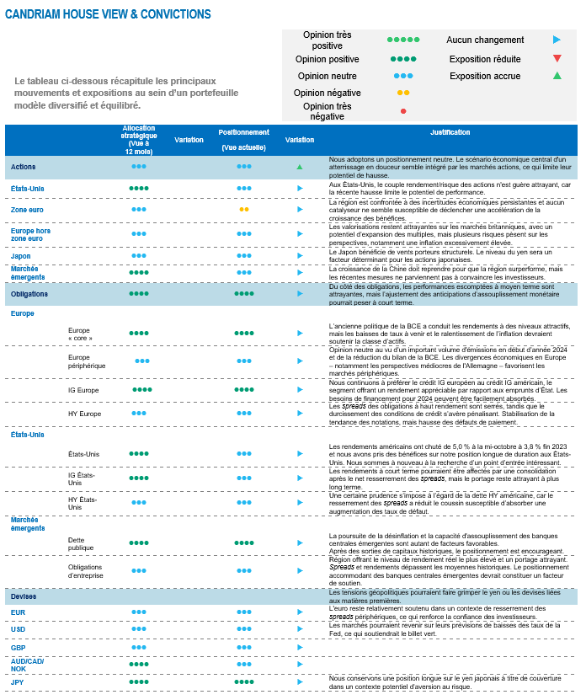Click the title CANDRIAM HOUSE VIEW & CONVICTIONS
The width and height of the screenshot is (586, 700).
click(x=108, y=14)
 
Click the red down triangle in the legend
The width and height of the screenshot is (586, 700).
click(x=557, y=59)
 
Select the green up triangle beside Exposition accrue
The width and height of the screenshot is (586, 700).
click(x=557, y=76)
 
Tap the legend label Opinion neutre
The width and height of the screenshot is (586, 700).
click(x=328, y=76)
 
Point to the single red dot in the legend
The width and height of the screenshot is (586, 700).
click(x=403, y=111)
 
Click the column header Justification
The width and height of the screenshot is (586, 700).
click(x=450, y=133)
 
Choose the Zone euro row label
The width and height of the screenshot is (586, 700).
click(x=27, y=209)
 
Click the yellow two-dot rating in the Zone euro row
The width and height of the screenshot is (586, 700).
click(x=244, y=209)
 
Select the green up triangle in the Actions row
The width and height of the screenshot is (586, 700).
click(x=300, y=167)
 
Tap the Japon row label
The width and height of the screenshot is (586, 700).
click(x=21, y=255)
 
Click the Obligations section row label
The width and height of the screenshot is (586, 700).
click(x=29, y=294)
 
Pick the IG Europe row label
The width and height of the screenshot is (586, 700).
click(x=83, y=390)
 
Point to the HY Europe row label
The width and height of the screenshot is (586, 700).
click(x=84, y=414)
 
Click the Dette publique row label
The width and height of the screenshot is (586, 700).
click(x=80, y=542)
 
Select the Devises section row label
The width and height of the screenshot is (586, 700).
click(x=24, y=596)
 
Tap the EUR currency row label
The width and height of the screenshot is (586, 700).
click(x=18, y=612)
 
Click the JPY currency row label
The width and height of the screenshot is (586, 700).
click(x=18, y=681)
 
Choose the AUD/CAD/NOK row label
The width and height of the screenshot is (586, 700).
click(x=27, y=665)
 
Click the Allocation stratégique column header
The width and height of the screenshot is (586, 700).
click(x=139, y=139)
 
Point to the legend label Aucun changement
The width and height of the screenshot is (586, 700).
click(x=485, y=40)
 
